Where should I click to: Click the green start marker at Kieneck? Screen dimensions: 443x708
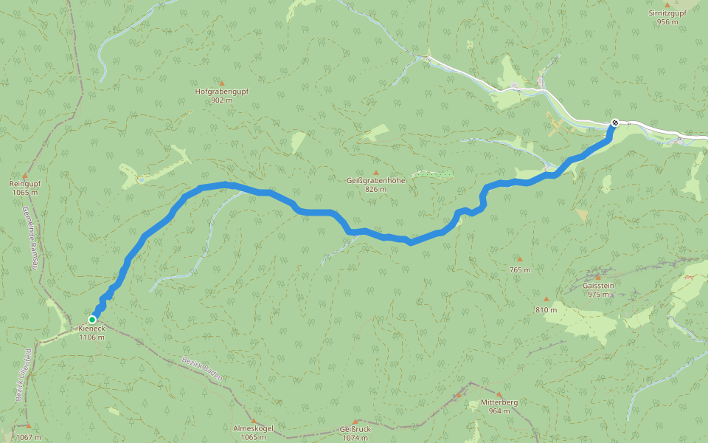(x=92, y=320)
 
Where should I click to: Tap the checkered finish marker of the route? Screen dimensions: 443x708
(x=615, y=123)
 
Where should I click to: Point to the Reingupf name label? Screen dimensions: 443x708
(x=24, y=184)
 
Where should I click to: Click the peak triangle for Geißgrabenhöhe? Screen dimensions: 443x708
(x=375, y=172)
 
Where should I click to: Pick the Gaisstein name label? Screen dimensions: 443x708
(x=598, y=286)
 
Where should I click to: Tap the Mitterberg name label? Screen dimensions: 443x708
(x=499, y=402)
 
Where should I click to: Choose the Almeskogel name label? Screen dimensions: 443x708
(x=254, y=429)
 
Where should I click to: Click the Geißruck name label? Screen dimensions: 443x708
(x=354, y=429)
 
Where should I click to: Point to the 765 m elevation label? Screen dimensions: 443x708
(x=519, y=269)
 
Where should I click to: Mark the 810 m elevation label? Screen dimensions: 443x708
(x=546, y=310)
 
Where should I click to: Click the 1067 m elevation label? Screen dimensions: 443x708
(x=28, y=437)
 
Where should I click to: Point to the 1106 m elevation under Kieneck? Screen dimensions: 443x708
(x=92, y=337)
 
